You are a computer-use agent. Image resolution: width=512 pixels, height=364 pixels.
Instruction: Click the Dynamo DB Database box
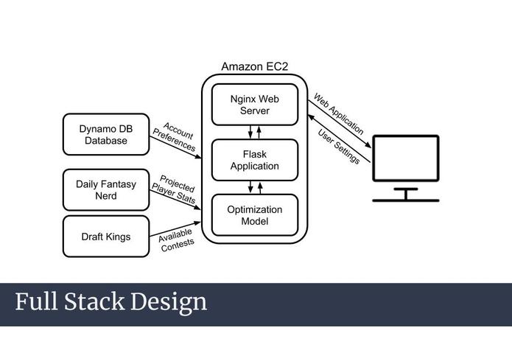[106, 134]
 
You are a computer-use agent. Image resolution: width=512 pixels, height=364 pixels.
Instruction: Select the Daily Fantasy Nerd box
[106, 189]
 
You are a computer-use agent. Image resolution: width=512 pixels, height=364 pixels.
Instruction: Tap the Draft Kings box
[106, 237]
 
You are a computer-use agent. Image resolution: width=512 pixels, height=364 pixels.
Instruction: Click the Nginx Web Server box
[255, 105]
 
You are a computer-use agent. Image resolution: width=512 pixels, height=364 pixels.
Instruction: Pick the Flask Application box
[255, 160]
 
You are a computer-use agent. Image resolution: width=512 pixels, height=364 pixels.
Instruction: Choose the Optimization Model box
[255, 215]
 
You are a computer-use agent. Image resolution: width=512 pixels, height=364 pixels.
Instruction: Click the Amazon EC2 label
[255, 66]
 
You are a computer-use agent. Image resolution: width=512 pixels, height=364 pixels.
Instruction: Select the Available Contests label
[176, 240]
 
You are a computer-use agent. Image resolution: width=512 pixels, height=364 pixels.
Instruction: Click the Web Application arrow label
[339, 113]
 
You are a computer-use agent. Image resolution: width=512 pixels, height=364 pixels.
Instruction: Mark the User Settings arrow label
[339, 147]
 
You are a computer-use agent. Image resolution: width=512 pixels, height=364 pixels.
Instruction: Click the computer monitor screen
[406, 158]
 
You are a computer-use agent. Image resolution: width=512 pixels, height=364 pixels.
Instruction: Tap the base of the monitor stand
[406, 200]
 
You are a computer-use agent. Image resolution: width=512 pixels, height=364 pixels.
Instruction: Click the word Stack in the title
[94, 301]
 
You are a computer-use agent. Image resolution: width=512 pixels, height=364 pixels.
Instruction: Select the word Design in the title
[169, 303]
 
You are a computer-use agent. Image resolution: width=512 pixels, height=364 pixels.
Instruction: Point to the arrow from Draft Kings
[175, 229]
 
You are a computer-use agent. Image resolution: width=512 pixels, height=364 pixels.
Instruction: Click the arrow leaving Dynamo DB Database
[175, 147]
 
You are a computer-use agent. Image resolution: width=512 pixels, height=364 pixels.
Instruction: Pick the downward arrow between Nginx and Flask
[250, 132]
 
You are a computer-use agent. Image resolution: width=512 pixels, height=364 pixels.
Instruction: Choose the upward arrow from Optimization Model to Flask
[260, 188]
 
